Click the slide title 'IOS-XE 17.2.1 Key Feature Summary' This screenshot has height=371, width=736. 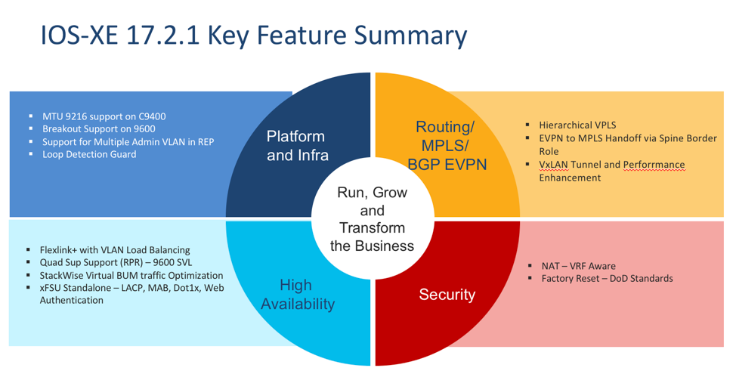click(253, 36)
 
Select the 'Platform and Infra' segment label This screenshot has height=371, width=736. click(295, 146)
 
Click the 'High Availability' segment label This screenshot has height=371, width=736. click(295, 294)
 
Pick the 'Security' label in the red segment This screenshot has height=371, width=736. click(447, 294)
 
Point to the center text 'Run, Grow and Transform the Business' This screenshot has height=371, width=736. click(372, 219)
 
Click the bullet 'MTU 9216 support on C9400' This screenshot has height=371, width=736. click(104, 117)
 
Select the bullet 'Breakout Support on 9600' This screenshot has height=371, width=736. click(98, 129)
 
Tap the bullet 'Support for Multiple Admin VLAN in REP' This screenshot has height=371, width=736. click(128, 142)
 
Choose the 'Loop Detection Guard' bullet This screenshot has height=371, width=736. click(89, 154)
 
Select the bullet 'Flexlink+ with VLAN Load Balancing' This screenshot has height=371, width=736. click(114, 250)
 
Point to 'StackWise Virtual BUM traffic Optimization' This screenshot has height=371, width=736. click(131, 276)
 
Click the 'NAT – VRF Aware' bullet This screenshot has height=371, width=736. click(578, 266)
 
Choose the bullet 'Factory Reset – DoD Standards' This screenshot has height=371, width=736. click(607, 279)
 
